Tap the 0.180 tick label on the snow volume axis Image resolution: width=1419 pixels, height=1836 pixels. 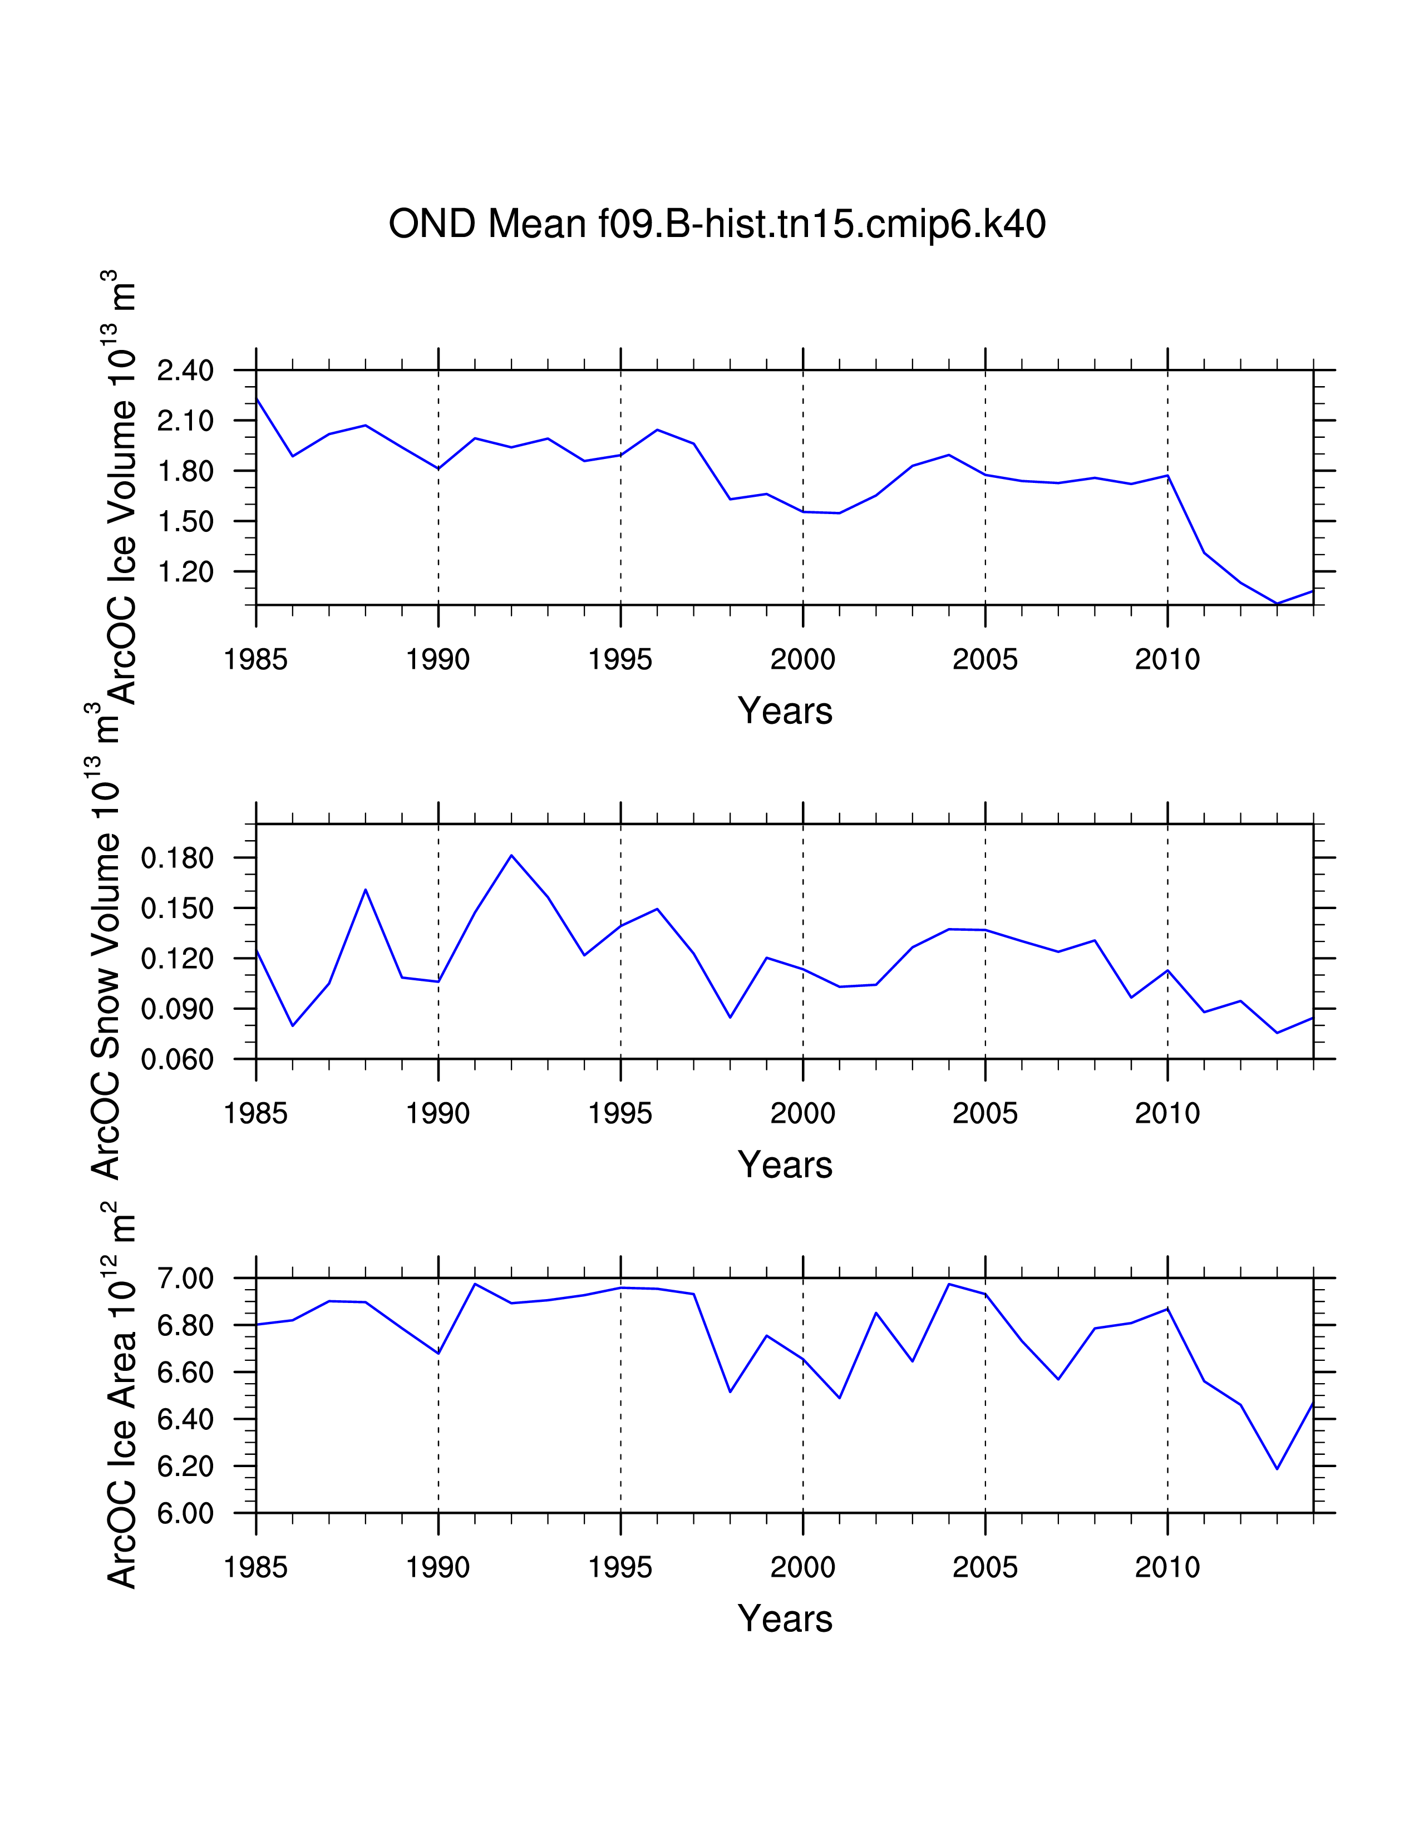[x=178, y=858]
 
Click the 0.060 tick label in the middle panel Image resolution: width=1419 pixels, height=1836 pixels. [x=178, y=1059]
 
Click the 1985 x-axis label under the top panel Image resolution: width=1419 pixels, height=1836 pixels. [x=255, y=660]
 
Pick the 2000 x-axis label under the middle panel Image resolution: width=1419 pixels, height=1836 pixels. [x=803, y=1114]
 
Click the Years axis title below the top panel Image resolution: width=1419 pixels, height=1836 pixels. [x=784, y=711]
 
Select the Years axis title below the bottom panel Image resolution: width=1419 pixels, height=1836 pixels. [x=784, y=1618]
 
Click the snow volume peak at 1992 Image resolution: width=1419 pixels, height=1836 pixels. [x=511, y=855]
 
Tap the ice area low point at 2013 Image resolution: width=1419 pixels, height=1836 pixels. [x=1277, y=1469]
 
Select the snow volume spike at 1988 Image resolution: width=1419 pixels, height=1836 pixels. [x=366, y=890]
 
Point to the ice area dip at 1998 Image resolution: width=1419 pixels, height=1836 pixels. [x=730, y=1391]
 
